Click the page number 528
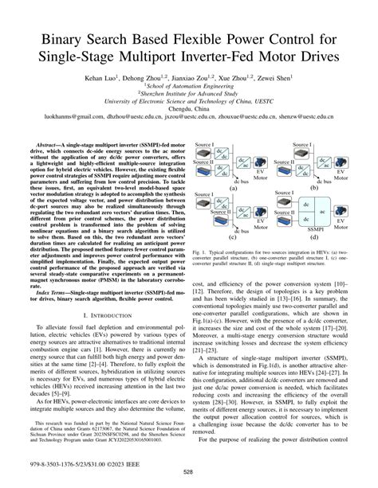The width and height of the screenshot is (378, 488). (x=188, y=474)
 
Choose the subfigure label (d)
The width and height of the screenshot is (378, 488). (x=315, y=236)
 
